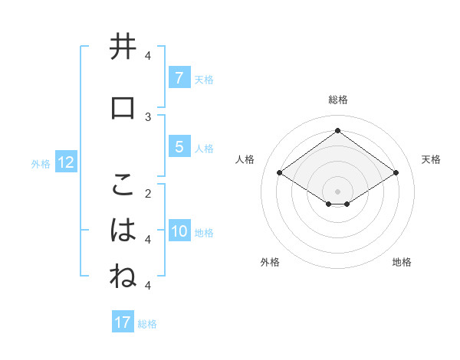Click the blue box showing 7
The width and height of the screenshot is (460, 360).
click(179, 77)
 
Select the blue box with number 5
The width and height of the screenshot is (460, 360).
click(179, 146)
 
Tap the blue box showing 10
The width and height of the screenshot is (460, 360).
click(180, 231)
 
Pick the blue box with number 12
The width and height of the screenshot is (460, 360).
click(66, 162)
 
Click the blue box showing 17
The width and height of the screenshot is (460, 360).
click(123, 322)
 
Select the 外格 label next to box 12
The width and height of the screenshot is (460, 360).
click(41, 163)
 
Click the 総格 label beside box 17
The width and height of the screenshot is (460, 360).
click(147, 323)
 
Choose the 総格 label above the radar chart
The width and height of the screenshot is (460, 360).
click(337, 100)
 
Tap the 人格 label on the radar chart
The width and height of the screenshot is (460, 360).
click(245, 159)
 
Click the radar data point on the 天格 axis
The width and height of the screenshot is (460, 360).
click(396, 173)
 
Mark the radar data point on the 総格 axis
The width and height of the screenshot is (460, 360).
click(337, 131)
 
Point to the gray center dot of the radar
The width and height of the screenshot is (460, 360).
click(337, 191)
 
